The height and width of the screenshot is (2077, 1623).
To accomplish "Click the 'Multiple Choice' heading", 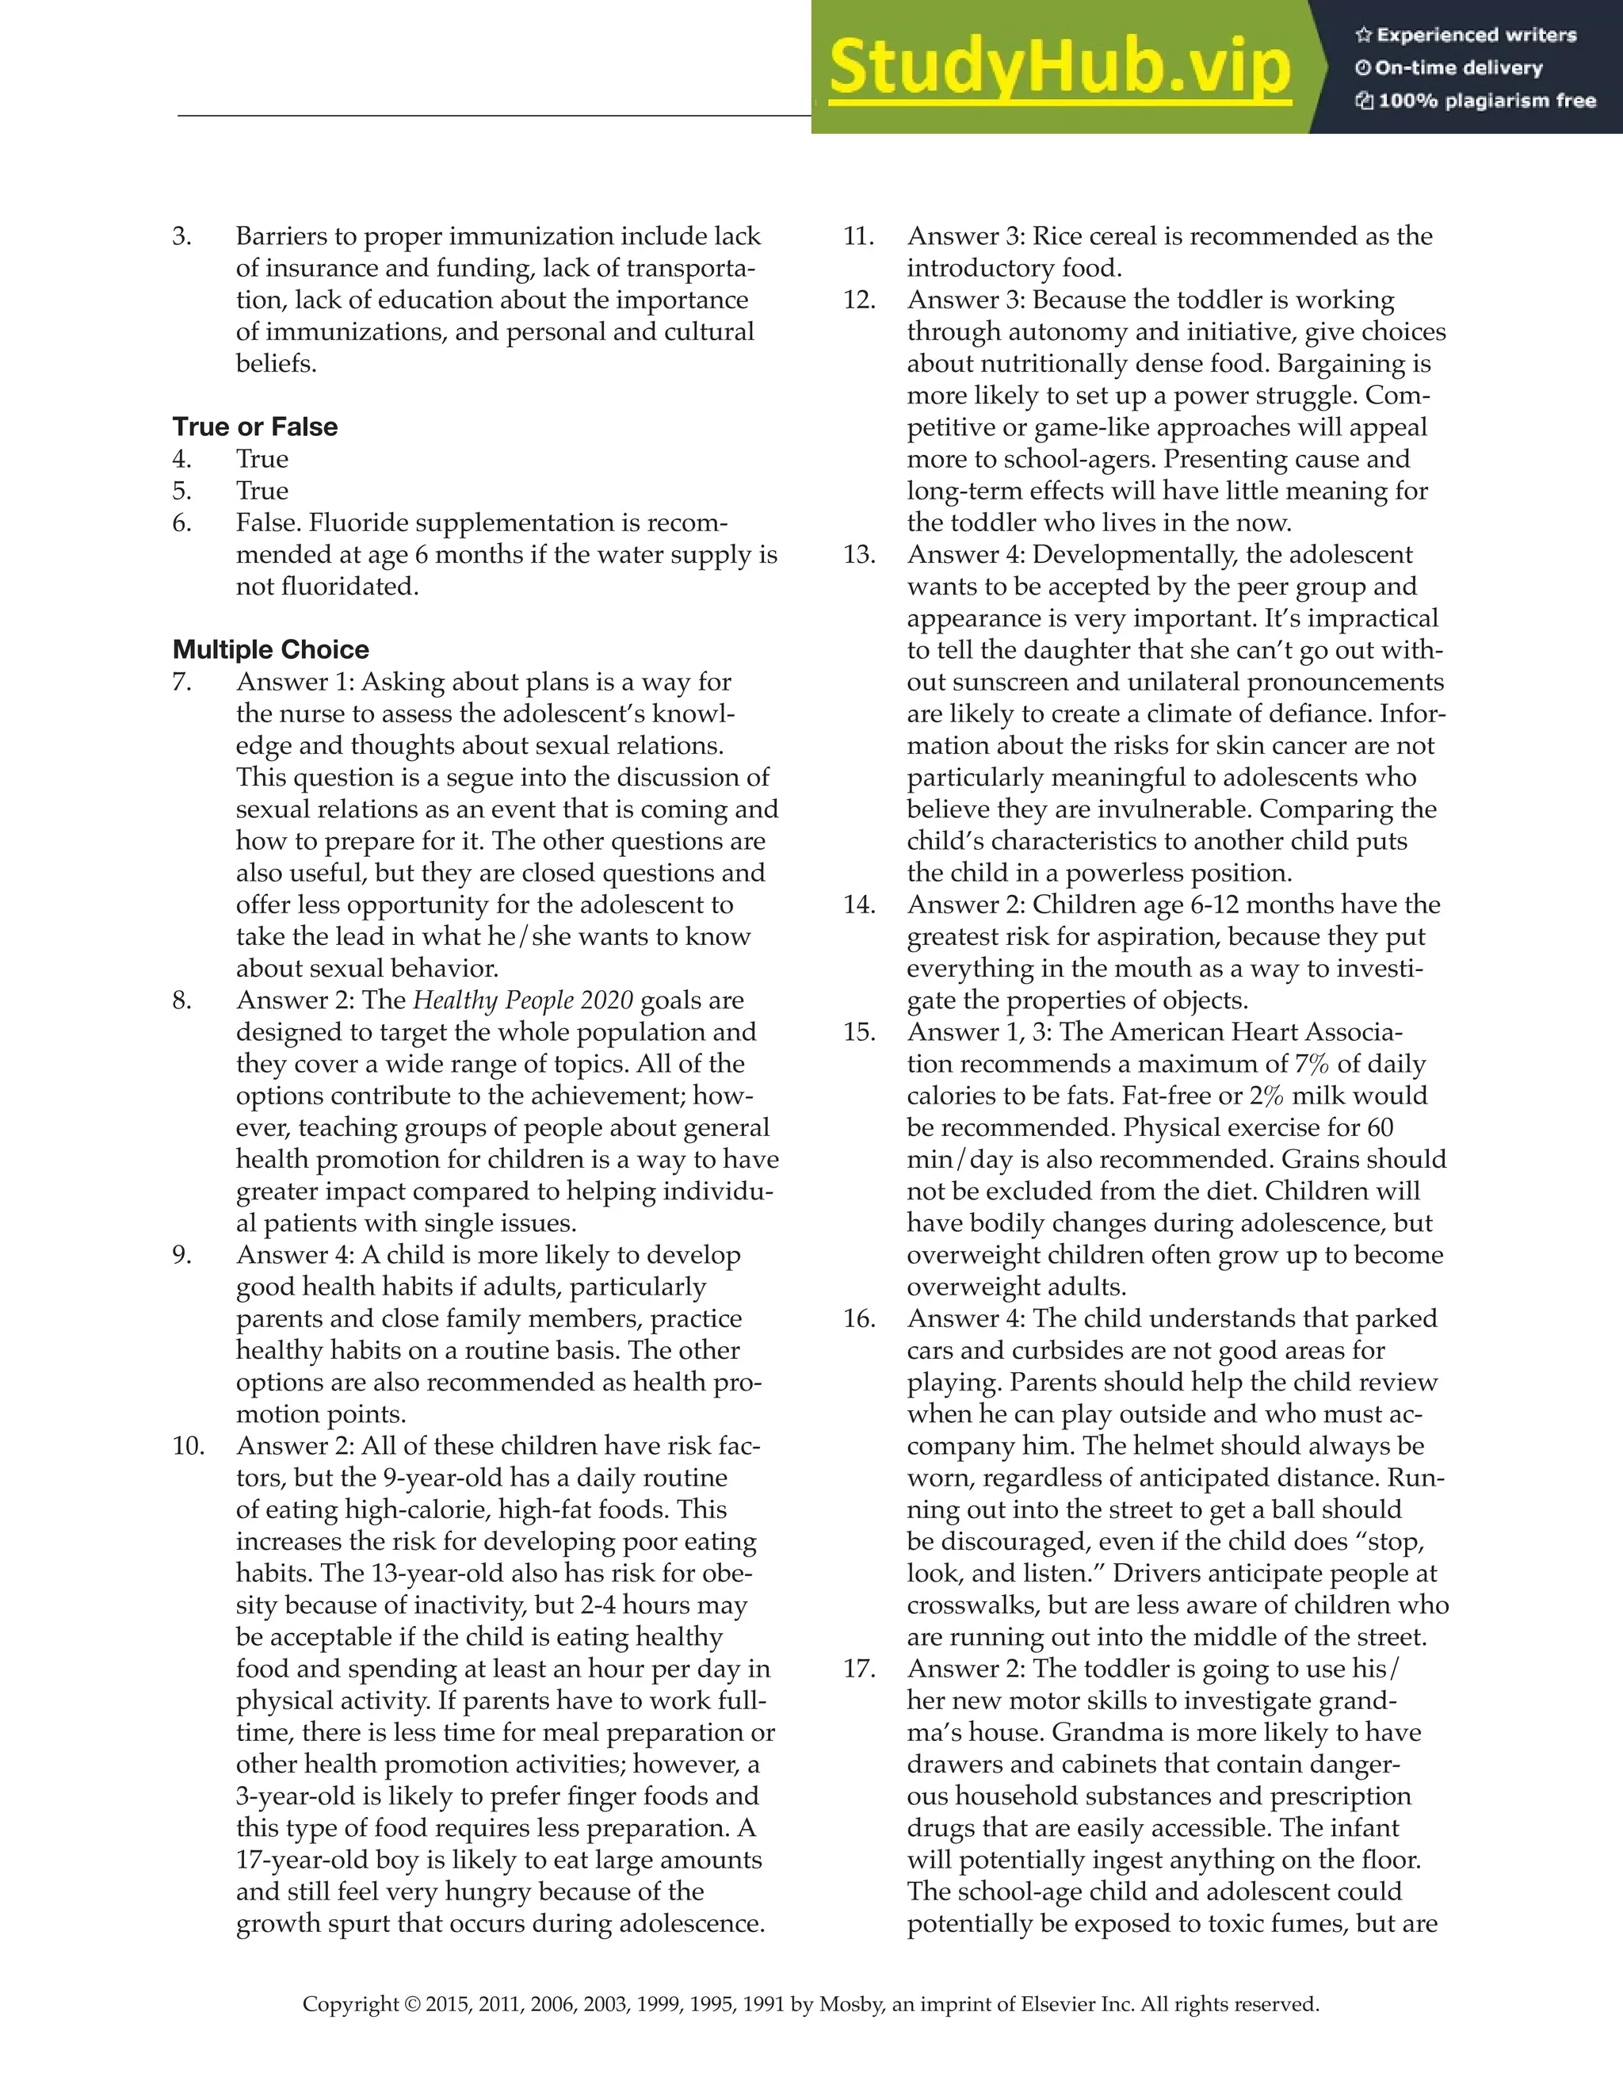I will (x=271, y=649).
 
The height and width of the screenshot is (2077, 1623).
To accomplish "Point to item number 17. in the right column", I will (x=860, y=1668).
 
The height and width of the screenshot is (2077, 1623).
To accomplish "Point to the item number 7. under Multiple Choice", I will (x=182, y=682).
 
